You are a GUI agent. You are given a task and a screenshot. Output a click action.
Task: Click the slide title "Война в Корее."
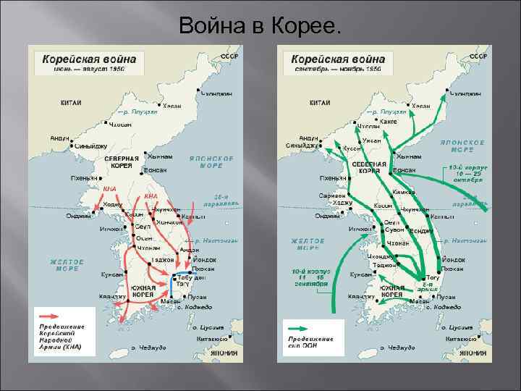[259, 27]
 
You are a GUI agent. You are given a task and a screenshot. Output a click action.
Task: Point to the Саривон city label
[332, 195]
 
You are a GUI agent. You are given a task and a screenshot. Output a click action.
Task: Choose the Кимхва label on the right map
[404, 192]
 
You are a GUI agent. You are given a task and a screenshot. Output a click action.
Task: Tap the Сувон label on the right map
[395, 230]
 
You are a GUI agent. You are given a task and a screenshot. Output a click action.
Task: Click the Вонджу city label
[421, 231]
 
